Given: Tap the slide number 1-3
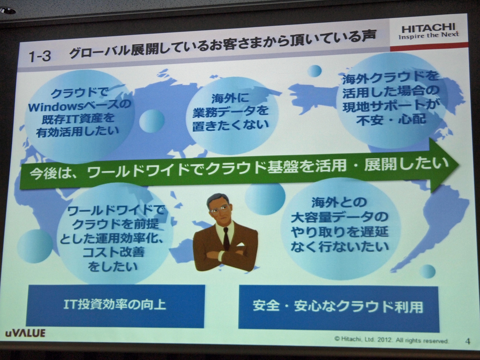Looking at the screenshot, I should (39, 56).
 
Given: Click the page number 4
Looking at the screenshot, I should (467, 341).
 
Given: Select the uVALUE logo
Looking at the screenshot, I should (25, 333).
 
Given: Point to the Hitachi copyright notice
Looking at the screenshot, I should (391, 339).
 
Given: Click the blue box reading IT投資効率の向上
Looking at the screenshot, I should (115, 305).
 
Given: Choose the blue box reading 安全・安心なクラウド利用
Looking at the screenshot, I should (338, 307).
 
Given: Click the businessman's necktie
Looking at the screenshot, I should (226, 239).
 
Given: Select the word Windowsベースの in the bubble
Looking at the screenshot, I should (78, 106).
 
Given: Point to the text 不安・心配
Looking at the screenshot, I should (391, 120).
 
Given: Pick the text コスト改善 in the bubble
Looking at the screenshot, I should (113, 252).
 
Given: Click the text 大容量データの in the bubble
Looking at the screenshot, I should (340, 217).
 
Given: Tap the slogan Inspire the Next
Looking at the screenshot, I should (428, 35).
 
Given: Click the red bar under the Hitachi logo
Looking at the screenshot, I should (428, 46).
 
